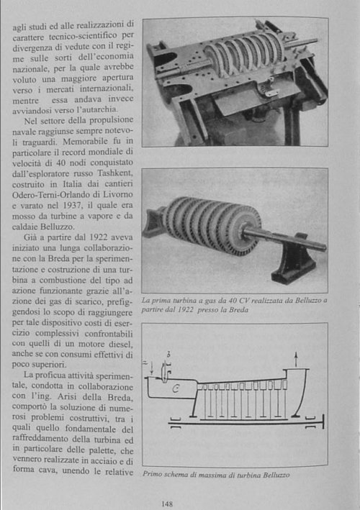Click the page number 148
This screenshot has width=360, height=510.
(x=167, y=504)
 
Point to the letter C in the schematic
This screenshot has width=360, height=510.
(x=175, y=388)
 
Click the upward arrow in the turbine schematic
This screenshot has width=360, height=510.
(x=296, y=360)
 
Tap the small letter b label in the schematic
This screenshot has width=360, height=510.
(x=168, y=355)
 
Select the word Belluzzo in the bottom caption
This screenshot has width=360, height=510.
(x=276, y=475)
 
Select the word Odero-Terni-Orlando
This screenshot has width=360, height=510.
(x=51, y=194)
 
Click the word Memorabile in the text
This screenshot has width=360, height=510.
(x=85, y=142)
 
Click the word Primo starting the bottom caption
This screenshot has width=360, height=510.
(x=152, y=474)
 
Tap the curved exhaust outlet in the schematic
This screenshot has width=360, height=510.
(x=300, y=393)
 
